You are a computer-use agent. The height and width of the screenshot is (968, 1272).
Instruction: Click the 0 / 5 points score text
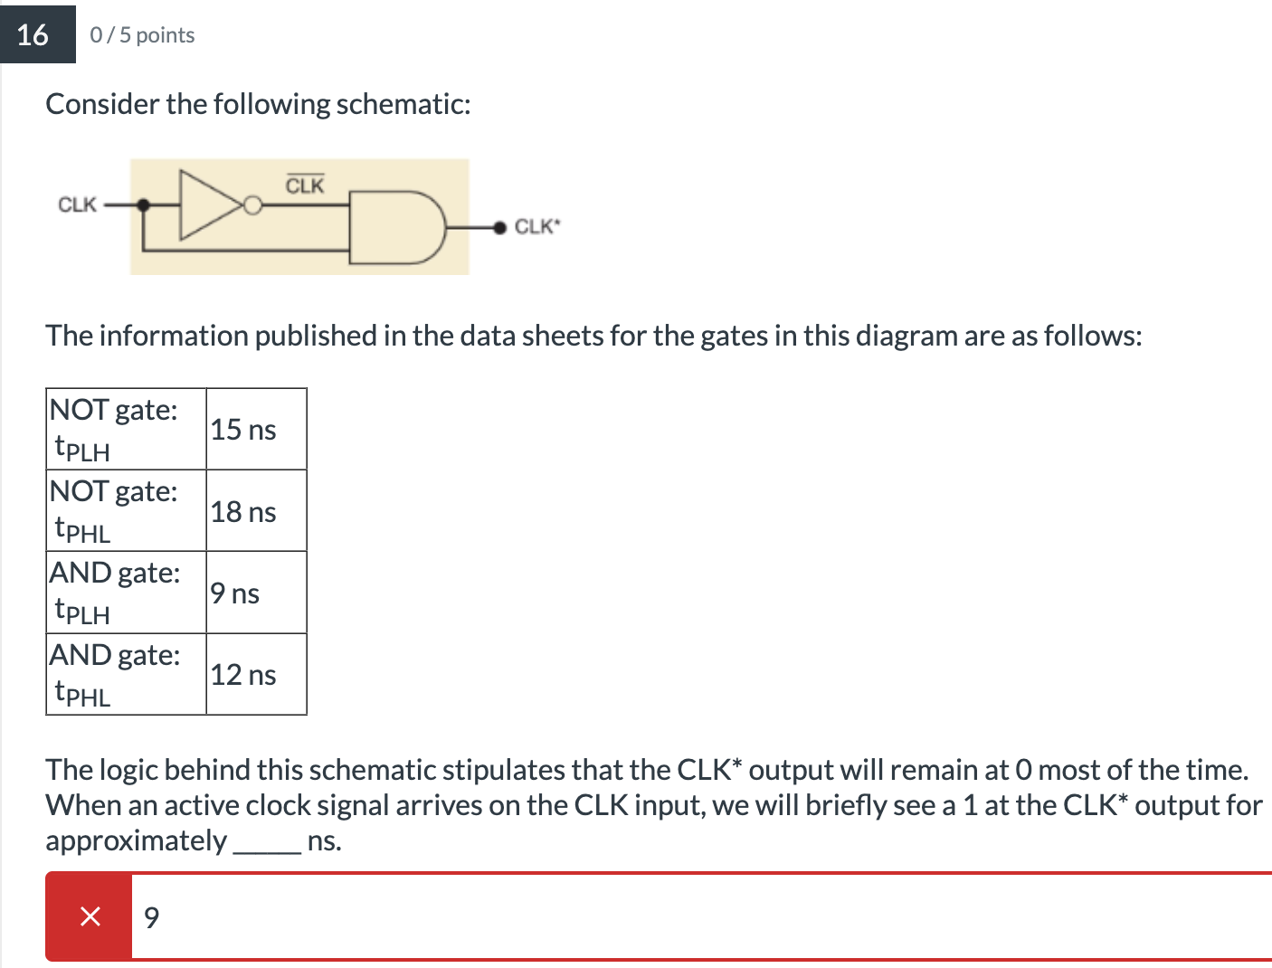click(x=142, y=35)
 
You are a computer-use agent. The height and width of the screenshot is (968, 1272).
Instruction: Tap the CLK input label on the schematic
click(x=77, y=204)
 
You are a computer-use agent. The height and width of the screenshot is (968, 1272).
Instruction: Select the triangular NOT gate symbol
click(x=209, y=205)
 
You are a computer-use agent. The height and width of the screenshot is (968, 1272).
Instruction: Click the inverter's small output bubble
click(x=253, y=206)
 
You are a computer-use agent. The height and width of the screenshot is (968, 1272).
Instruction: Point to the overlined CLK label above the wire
click(x=305, y=185)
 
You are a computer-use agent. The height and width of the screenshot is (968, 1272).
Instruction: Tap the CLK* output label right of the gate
click(x=537, y=226)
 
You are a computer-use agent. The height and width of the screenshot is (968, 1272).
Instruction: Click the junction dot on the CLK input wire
click(x=144, y=205)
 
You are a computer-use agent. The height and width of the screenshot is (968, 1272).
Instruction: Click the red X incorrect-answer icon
click(x=90, y=916)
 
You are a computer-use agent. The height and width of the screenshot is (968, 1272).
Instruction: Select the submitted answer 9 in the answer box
click(x=152, y=917)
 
